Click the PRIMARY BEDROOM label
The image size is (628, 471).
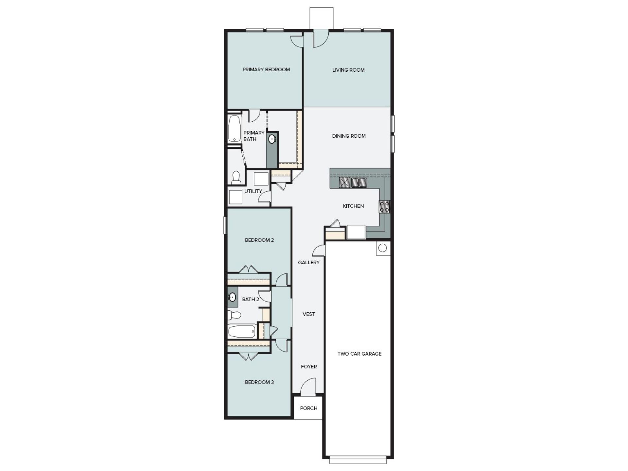coord(266,70)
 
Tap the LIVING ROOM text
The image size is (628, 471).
coord(348,70)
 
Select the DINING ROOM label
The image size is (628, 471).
coord(349,136)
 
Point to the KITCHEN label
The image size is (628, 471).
coord(353,206)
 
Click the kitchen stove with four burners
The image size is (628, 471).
coord(384,206)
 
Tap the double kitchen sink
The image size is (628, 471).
coord(359,183)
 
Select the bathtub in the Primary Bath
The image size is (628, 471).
coord(234,128)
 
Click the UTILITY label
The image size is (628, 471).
coord(253,191)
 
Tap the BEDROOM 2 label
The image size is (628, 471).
coord(259,240)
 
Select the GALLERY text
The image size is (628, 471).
coord(309,263)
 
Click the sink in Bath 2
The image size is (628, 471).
coord(232,297)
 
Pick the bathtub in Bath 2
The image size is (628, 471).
coord(242,331)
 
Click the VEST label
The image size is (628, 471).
coord(309,314)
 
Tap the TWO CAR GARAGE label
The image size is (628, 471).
coord(359,354)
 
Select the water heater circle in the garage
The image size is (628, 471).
coord(382,248)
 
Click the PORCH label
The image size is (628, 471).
coord(309,409)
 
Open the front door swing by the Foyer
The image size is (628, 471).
coord(308,386)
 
